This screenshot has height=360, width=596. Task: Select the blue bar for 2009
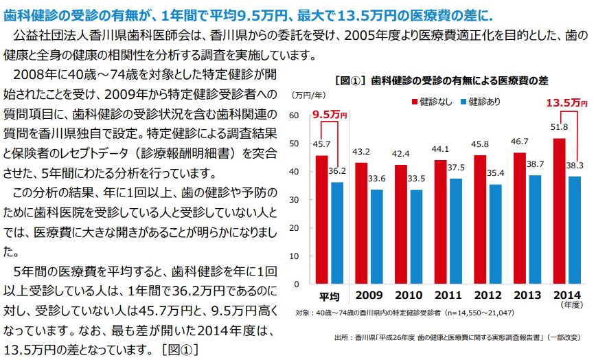pos(377,236)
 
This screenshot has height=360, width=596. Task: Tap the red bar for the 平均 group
pos(322,219)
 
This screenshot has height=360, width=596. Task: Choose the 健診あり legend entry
pos(480,102)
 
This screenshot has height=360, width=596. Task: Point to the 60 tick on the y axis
pos(295,115)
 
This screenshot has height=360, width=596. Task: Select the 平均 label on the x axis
pos(330,297)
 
